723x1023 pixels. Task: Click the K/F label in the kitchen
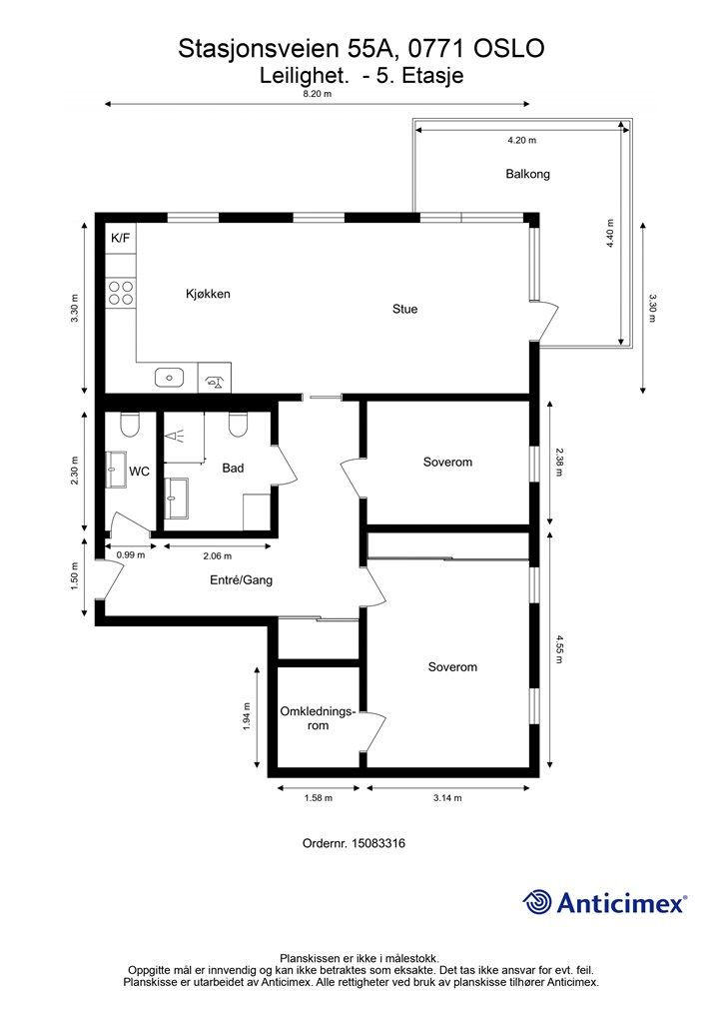click(x=121, y=238)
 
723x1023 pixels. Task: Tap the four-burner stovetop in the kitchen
click(x=121, y=293)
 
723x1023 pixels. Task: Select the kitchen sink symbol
click(x=170, y=377)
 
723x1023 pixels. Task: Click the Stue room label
click(x=404, y=309)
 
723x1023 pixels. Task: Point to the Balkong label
click(x=527, y=174)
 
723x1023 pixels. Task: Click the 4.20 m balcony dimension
click(x=521, y=140)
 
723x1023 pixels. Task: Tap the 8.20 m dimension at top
click(x=317, y=93)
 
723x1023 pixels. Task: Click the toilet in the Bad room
click(x=238, y=426)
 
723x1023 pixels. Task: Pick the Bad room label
click(x=233, y=468)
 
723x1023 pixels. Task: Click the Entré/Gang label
click(x=242, y=579)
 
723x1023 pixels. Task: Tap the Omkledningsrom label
click(x=319, y=717)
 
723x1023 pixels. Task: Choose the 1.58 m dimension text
click(x=319, y=797)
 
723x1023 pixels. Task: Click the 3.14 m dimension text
click(x=447, y=797)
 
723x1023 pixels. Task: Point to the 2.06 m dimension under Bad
click(x=217, y=555)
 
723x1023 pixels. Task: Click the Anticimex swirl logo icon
click(x=536, y=902)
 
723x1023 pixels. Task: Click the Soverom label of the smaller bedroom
click(x=447, y=462)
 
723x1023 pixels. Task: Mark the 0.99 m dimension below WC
click(x=131, y=555)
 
